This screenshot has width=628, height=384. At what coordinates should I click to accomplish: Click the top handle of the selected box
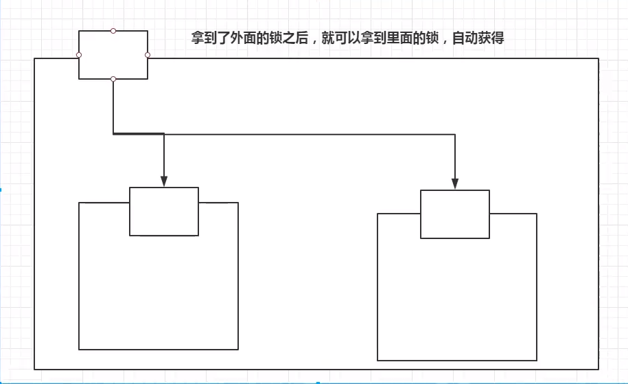[x=113, y=31]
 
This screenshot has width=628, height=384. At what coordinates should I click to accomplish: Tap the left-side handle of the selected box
[x=79, y=55]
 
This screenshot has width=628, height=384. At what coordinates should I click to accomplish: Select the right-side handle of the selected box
[x=148, y=55]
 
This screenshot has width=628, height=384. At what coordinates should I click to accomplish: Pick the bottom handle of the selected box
[x=113, y=79]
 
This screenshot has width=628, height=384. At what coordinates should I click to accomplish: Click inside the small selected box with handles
[x=113, y=55]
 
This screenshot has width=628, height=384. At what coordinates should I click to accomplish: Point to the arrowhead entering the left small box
[x=164, y=181]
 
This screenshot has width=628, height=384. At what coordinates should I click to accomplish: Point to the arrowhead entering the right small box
[x=455, y=184]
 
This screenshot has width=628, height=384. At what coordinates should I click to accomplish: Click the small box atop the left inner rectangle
[x=164, y=212]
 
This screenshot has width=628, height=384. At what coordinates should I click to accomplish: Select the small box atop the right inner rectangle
[x=455, y=214]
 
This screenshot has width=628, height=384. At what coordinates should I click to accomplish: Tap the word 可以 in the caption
[x=347, y=38]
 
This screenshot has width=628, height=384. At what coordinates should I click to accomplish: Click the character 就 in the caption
[x=327, y=38]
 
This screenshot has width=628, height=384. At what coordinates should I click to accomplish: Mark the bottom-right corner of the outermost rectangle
[x=598, y=370]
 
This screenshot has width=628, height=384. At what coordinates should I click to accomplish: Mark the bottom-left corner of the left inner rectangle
[x=79, y=350]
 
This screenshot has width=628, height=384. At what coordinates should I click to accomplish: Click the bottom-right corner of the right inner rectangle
[x=537, y=360]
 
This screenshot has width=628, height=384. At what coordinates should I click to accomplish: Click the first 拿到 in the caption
[x=204, y=38]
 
